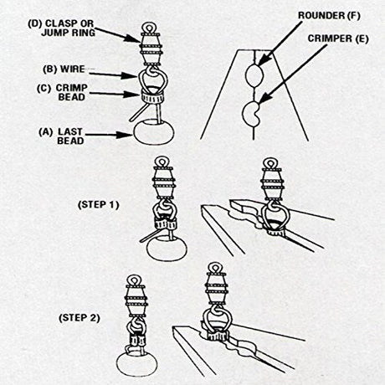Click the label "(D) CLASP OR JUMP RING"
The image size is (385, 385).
61,28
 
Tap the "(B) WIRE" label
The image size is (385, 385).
64,69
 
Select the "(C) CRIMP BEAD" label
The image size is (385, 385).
62,92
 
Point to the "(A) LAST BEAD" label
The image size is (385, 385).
61,136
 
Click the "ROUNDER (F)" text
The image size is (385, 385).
329,16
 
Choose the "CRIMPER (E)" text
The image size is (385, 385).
338,38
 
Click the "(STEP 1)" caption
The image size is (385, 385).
98,205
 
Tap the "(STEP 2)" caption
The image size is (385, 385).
80,318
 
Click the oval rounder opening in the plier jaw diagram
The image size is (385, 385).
254,75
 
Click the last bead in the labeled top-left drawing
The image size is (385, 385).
154,132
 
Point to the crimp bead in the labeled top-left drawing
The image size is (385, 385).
151,98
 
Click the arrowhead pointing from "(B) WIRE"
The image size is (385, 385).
130,75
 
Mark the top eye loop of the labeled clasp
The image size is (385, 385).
148,28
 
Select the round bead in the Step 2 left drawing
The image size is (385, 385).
136,364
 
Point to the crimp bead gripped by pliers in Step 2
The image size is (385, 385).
218,336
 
